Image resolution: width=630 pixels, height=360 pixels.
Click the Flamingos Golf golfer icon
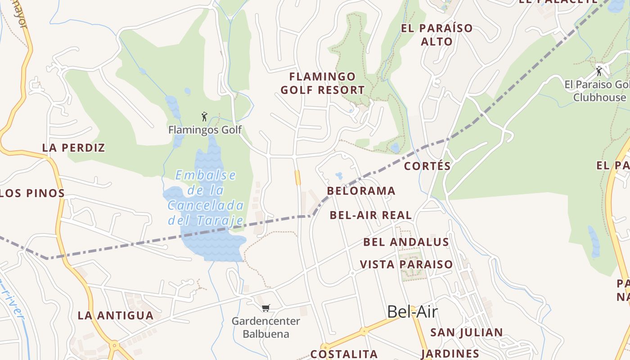click(204, 117)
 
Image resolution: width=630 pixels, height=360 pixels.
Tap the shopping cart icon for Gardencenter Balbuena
click(265, 308)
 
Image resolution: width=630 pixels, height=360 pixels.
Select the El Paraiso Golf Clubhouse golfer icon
click(599, 71)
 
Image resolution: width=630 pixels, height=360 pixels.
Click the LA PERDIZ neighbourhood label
click(73, 148)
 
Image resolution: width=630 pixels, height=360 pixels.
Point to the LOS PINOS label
click(32, 193)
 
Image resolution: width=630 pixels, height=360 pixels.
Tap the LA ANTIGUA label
click(116, 315)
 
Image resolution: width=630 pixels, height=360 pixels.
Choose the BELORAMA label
click(361, 191)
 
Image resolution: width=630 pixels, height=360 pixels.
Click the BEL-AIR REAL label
click(370, 215)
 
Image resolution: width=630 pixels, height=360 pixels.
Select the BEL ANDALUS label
click(406, 242)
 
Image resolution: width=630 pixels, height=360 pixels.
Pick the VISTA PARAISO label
click(406, 264)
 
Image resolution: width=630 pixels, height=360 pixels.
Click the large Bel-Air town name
click(412, 311)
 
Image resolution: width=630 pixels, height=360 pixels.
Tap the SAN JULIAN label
click(466, 333)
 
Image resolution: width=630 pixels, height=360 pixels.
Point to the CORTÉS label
click(427, 166)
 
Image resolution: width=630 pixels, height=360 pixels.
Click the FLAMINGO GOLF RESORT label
click(322, 83)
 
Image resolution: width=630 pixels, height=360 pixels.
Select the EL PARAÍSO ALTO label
click(436, 35)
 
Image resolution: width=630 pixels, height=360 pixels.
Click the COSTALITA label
click(344, 354)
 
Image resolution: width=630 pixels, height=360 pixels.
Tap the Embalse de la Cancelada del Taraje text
click(206, 198)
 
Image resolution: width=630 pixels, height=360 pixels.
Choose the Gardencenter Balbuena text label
click(265, 328)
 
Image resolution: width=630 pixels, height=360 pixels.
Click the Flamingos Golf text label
click(205, 130)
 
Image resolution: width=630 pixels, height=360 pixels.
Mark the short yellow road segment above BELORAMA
click(297, 177)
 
